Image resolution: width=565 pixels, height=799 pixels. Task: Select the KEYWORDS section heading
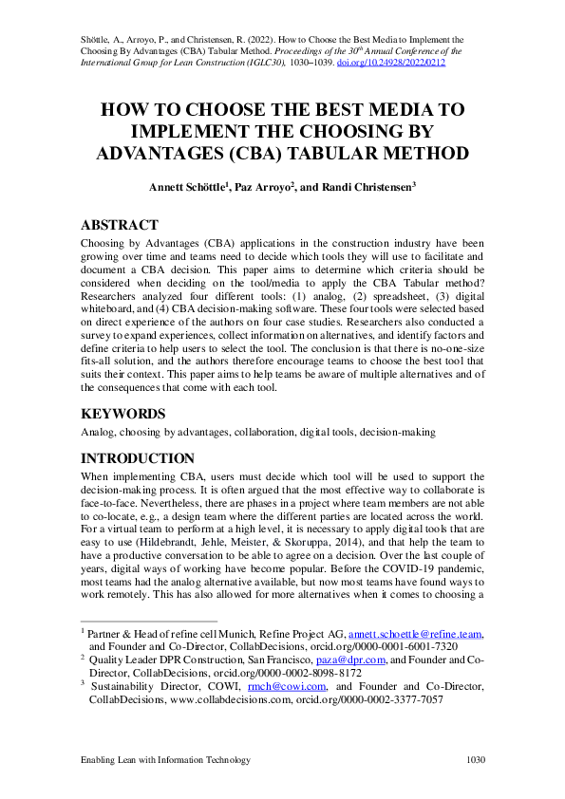click(123, 414)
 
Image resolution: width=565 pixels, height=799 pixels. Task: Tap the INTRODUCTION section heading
click(138, 458)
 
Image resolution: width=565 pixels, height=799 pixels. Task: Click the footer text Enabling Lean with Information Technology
click(165, 760)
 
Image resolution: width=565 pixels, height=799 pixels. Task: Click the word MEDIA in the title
click(391, 109)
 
